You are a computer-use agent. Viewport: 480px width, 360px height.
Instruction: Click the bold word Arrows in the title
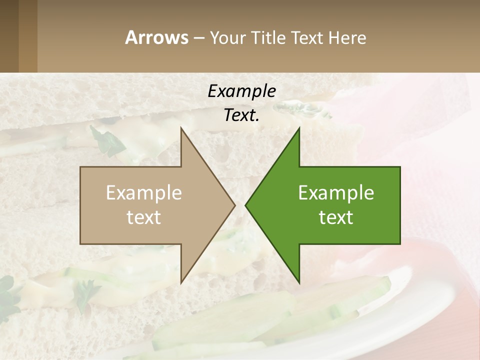pyautogui.click(x=156, y=37)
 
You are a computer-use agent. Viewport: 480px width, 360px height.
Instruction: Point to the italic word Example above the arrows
pyautogui.click(x=241, y=91)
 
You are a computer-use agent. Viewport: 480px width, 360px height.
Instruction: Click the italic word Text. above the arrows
pyautogui.click(x=241, y=115)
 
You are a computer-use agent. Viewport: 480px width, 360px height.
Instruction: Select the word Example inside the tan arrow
pyautogui.click(x=144, y=192)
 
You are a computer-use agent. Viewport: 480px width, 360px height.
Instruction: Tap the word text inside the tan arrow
pyautogui.click(x=144, y=217)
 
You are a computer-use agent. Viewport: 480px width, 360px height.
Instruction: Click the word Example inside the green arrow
pyautogui.click(x=336, y=192)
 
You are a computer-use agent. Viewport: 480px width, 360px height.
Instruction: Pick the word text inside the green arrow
pyautogui.click(x=336, y=217)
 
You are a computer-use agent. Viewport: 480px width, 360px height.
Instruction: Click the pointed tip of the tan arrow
pyautogui.click(x=234, y=205)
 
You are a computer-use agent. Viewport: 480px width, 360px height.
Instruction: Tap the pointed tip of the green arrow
pyautogui.click(x=246, y=205)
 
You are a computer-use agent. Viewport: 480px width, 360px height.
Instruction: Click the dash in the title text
pyautogui.click(x=198, y=38)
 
